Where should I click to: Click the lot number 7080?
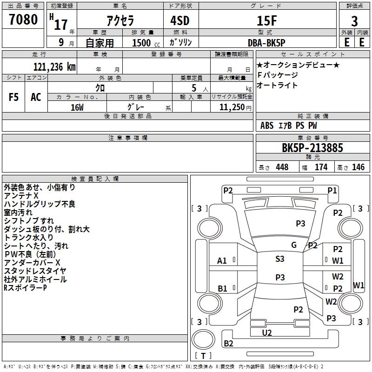click(23, 20)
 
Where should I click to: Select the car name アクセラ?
click(119, 21)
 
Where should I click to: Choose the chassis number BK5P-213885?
click(312, 148)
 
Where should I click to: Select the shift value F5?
click(14, 97)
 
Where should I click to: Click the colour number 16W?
click(77, 107)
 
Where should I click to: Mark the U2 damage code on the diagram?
click(267, 332)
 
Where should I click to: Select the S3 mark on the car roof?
click(280, 259)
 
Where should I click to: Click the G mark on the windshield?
click(294, 245)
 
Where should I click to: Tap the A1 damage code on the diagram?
click(222, 261)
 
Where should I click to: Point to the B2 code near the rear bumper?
click(228, 344)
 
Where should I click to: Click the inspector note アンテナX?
click(21, 196)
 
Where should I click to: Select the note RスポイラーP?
click(25, 288)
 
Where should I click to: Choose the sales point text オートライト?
click(277, 86)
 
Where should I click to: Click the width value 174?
click(321, 167)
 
